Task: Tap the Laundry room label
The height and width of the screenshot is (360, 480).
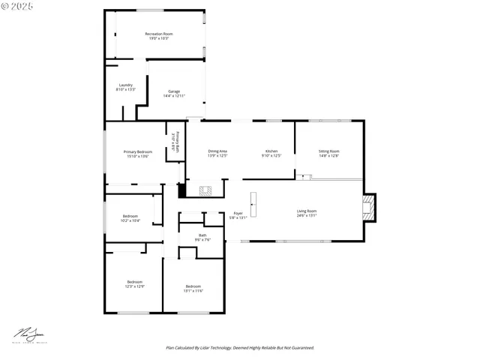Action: pos(125,87)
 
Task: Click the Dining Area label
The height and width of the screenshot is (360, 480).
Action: pos(217,153)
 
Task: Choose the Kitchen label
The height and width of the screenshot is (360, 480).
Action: pos(271,153)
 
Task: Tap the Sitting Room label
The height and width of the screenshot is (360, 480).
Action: pos(328,153)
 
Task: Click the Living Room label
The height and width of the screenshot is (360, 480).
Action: pos(306,213)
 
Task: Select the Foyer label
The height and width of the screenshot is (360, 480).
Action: pos(238,215)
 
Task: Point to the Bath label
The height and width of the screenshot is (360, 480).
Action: pos(202,237)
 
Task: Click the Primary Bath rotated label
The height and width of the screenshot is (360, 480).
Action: pos(174,142)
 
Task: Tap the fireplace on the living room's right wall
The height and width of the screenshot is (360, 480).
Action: pos(368,209)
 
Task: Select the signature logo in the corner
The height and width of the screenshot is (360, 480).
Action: pos(27,334)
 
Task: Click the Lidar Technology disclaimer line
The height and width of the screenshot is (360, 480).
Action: pos(239,348)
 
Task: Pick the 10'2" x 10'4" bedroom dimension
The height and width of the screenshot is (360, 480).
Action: pos(130,221)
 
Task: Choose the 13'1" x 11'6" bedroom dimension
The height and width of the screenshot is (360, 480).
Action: pos(193,290)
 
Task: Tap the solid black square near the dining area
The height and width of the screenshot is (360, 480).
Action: pos(181,190)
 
